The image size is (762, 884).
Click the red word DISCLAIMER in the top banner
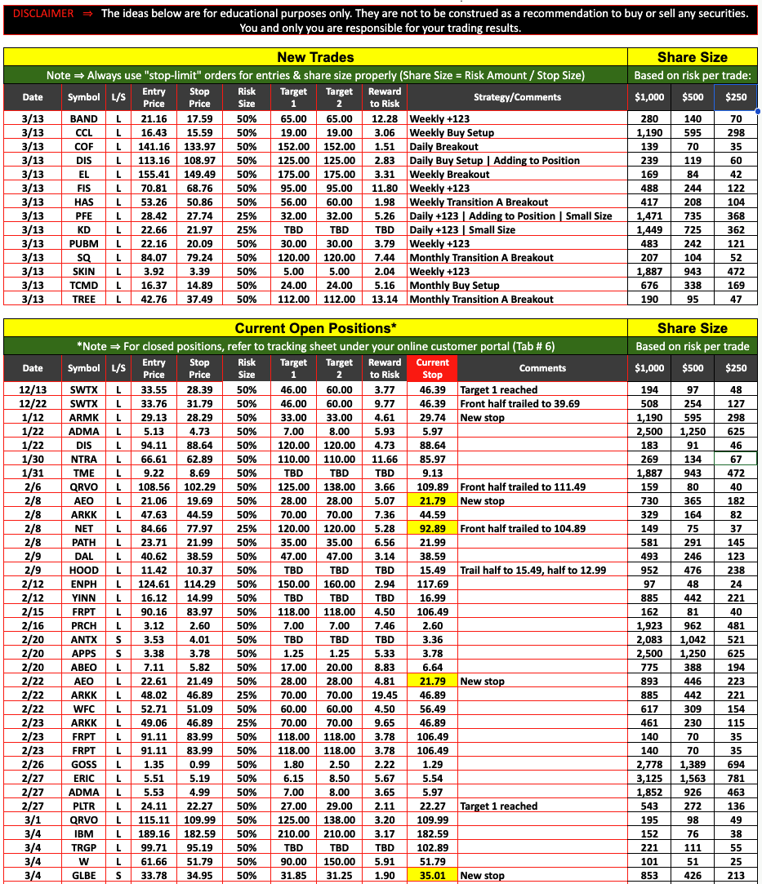43,14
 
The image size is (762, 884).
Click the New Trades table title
315,57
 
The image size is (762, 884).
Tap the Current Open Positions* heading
315,328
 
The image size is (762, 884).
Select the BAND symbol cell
83,118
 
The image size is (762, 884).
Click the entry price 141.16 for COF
154,146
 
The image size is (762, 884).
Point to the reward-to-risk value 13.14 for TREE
384,299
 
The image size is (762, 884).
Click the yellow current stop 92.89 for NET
432,528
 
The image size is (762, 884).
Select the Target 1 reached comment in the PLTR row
498,806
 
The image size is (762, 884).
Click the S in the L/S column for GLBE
118,875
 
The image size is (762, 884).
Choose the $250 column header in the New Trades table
736,97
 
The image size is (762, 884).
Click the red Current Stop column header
432,368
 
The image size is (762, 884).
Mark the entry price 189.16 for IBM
154,833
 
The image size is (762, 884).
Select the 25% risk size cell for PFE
247,215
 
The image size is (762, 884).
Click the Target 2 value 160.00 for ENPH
339,584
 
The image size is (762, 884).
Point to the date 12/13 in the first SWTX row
33,389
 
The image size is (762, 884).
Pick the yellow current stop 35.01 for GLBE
432,875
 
